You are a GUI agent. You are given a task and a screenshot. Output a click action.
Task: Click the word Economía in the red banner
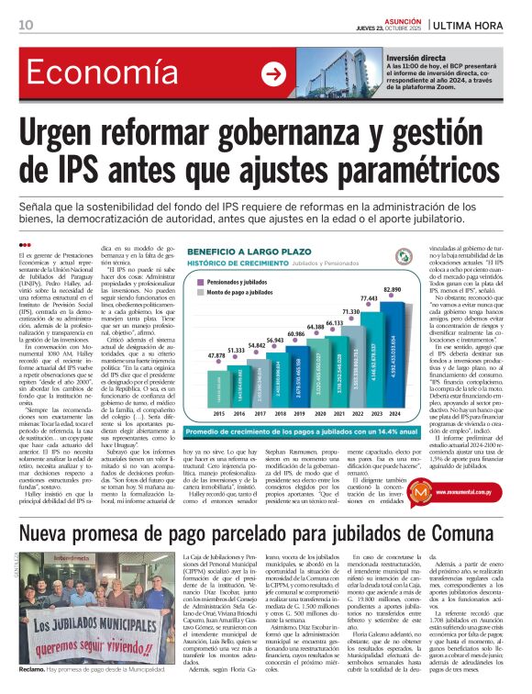click(92, 75)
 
